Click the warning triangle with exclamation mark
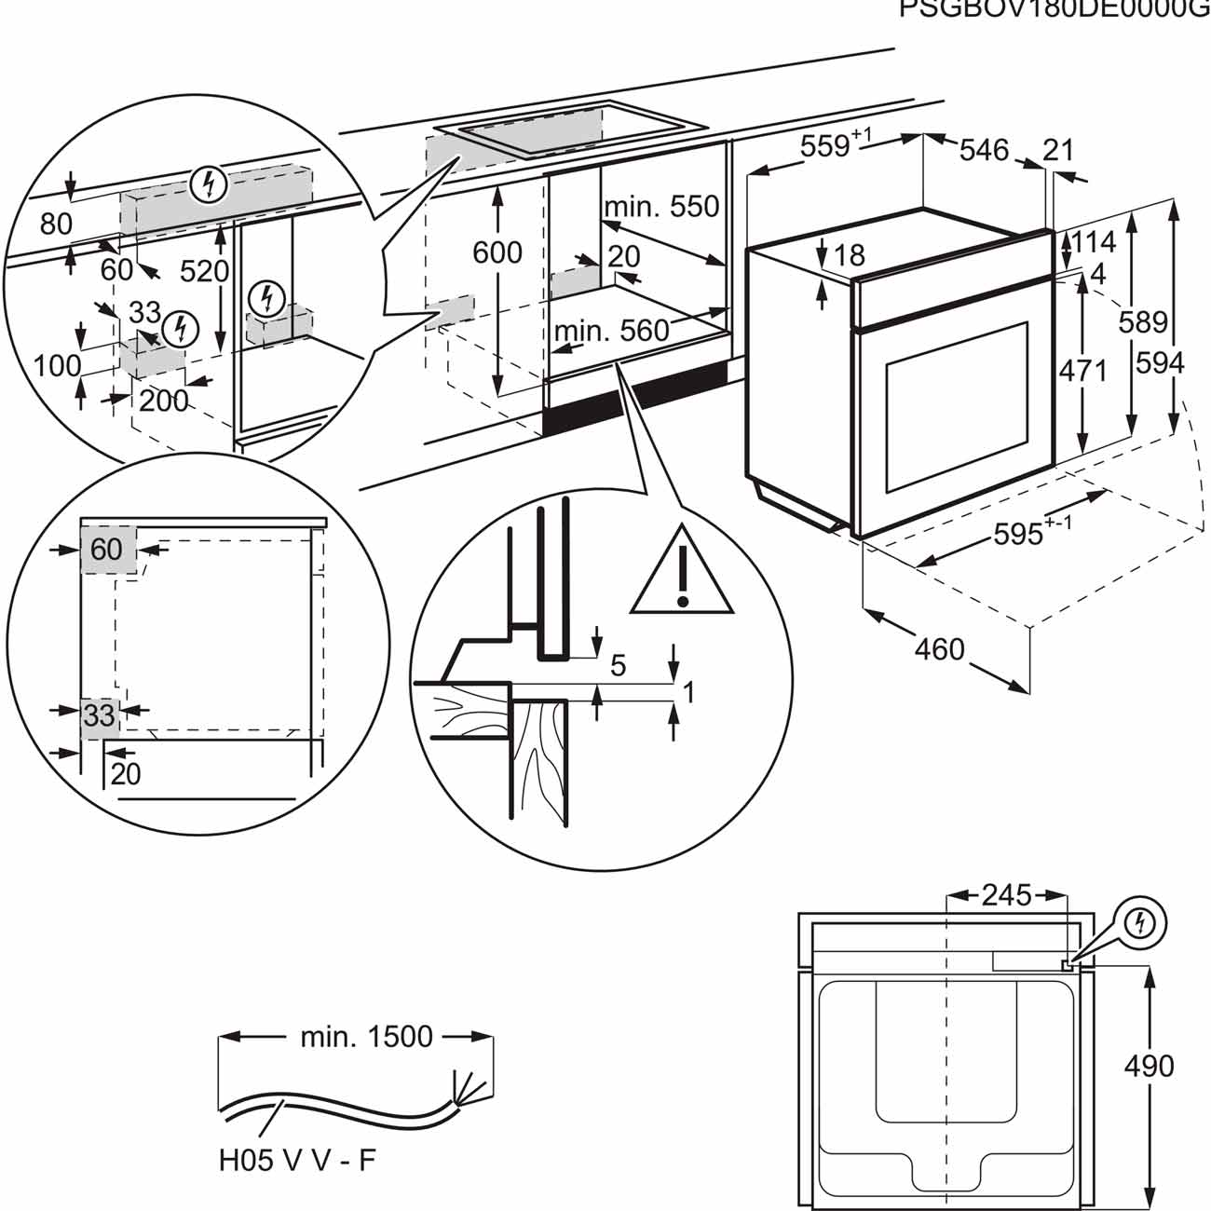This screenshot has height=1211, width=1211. tap(682, 579)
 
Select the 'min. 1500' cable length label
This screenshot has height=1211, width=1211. tap(366, 1037)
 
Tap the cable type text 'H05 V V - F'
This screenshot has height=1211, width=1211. tap(297, 1161)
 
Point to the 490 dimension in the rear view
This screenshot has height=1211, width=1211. tap(1149, 1066)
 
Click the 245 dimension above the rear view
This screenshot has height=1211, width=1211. tap(1006, 896)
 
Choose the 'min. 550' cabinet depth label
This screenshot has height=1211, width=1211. tap(661, 206)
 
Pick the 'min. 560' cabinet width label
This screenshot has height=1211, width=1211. tap(612, 330)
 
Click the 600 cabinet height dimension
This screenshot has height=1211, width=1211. tap(497, 252)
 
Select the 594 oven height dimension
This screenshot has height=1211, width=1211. tap(1159, 362)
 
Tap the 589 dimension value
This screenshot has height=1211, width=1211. tap(1143, 321)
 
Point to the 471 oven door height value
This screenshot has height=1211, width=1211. tap(1083, 371)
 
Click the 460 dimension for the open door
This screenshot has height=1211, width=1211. tap(939, 648)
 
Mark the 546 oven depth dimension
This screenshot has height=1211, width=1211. tap(984, 149)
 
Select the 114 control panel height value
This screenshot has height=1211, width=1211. tap(1093, 242)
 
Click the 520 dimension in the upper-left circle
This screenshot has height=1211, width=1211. tap(204, 271)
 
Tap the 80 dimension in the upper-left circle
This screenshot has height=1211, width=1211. tap(56, 224)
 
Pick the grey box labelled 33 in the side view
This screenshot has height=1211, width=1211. tap(100, 715)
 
